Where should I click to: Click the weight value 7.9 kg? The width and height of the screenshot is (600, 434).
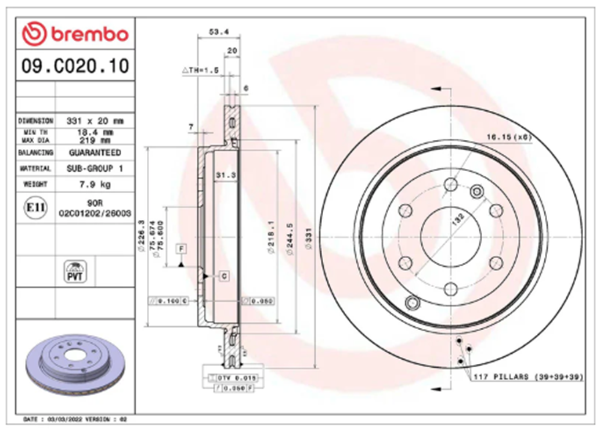tap(95, 184)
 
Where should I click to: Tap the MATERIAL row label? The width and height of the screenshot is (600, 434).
tap(35, 168)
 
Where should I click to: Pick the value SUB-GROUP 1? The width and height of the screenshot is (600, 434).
tap(95, 168)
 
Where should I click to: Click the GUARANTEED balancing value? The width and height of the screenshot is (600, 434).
tap(95, 153)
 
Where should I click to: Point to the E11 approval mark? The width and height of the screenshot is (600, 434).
tap(35, 207)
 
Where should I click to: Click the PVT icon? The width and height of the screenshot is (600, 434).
tap(76, 271)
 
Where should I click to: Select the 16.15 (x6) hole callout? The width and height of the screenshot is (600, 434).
tap(508, 137)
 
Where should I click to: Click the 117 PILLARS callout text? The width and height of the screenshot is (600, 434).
tap(527, 377)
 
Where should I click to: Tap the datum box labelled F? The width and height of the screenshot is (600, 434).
tap(182, 249)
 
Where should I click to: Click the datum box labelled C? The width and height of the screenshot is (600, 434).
tap(224, 276)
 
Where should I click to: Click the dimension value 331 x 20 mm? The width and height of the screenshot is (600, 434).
tap(95, 121)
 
